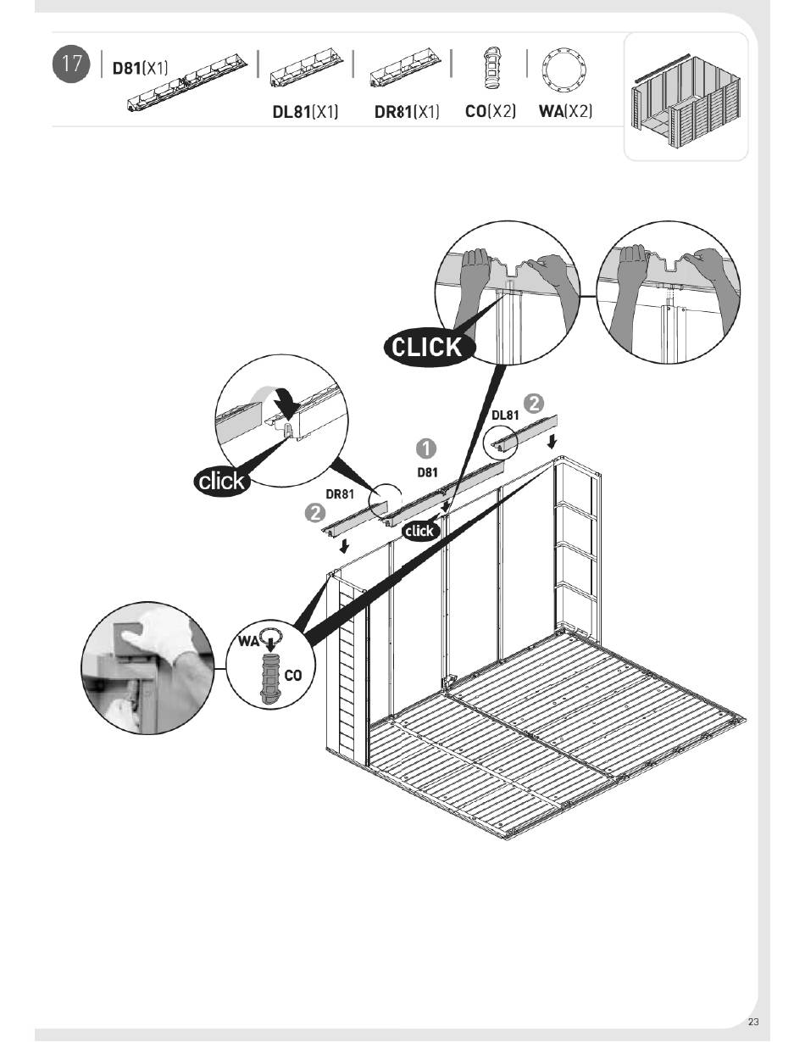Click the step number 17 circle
tap(71, 65)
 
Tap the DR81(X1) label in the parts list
tap(407, 112)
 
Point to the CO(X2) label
tap(491, 112)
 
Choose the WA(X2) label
tap(565, 112)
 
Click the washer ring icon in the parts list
tap(565, 67)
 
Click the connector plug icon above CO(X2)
tap(491, 67)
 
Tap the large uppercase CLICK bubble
tap(429, 346)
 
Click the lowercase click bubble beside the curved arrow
tap(221, 482)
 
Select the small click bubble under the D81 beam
tap(419, 531)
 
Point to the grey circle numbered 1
tap(426, 448)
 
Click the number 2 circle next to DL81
tap(534, 402)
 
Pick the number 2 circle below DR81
tap(315, 514)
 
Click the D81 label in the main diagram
tap(427, 472)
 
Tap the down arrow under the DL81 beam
tap(552, 442)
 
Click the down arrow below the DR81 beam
tap(344, 546)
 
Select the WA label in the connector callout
tap(247, 641)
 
